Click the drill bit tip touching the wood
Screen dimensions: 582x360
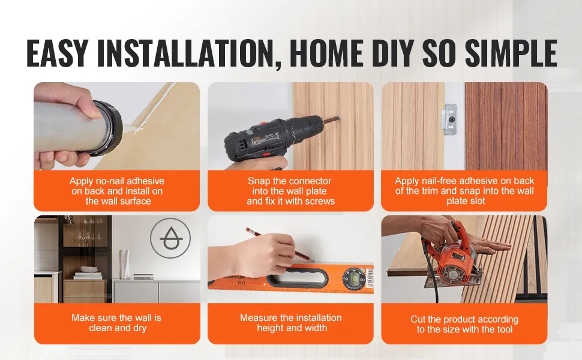click(x=338, y=118)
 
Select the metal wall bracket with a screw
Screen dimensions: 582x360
click(x=449, y=119)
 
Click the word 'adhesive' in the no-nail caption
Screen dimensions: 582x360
click(x=145, y=181)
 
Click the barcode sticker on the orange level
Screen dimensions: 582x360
click(x=370, y=277)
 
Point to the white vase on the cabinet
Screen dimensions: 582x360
click(x=124, y=263)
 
